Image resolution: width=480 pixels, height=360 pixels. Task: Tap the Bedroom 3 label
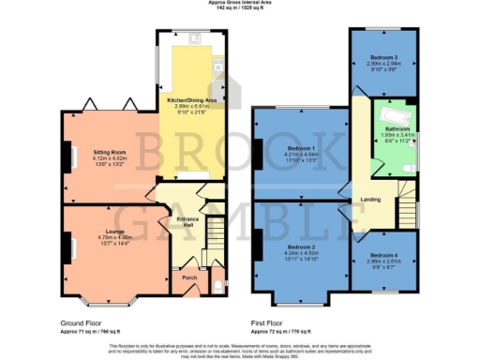pyautogui.click(x=382, y=58)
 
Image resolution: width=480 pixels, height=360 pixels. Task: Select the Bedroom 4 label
pyautogui.click(x=383, y=255)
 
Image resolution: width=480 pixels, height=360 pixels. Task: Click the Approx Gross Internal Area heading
pyautogui.click(x=241, y=3)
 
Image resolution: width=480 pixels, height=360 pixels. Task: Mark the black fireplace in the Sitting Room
pyautogui.click(x=67, y=156)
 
